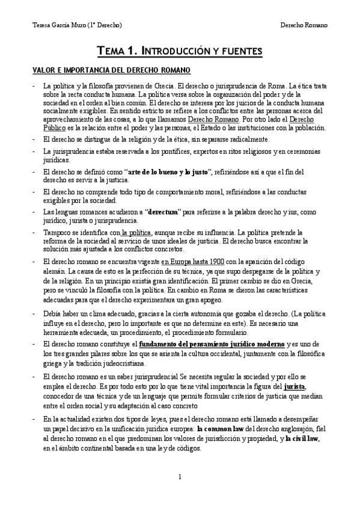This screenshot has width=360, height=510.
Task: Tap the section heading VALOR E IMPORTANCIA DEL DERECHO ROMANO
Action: coord(103,70)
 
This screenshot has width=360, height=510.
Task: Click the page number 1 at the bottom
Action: coord(180,477)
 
